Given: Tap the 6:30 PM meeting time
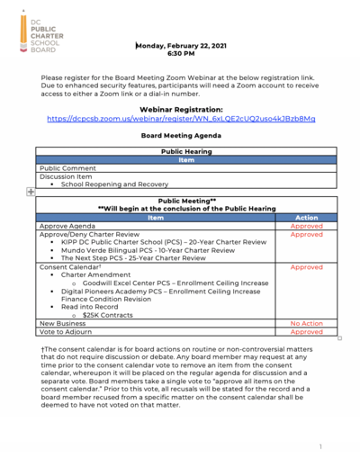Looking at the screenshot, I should pyautogui.click(x=181, y=54).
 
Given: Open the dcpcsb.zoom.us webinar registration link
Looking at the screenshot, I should pyautogui.click(x=180, y=119).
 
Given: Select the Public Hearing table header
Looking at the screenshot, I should pyautogui.click(x=186, y=151).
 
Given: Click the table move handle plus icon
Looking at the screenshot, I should pyautogui.click(x=31, y=192).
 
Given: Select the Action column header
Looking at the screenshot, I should pyautogui.click(x=306, y=218).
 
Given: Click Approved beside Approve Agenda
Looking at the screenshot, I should pyautogui.click(x=306, y=227).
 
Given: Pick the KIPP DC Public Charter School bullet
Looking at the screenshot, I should pyautogui.click(x=162, y=243).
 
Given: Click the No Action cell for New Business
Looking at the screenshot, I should pyautogui.click(x=306, y=324).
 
